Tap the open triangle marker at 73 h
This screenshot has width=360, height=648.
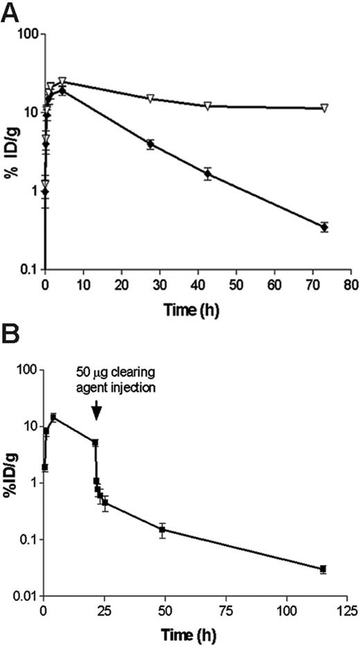click(324, 108)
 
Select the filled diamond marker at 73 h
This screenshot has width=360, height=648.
click(324, 227)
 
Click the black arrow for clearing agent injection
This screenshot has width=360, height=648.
click(97, 411)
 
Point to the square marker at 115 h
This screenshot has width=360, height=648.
click(323, 569)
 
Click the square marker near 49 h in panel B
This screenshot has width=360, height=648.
click(162, 530)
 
